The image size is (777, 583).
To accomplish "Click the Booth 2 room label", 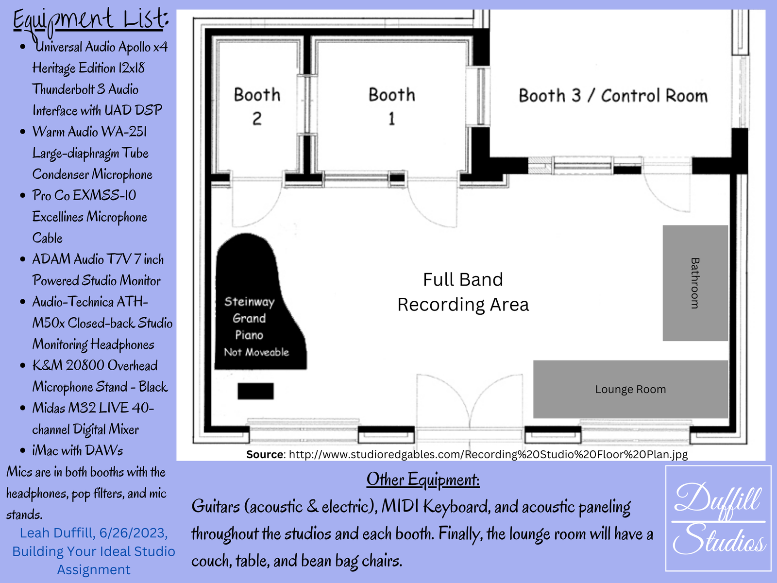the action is click(257, 106).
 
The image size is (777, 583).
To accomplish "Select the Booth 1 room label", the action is click(391, 106).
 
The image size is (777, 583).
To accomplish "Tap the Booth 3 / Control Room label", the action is click(613, 96).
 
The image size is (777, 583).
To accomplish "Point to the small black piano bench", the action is click(255, 391).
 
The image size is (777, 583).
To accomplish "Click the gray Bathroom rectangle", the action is click(695, 283).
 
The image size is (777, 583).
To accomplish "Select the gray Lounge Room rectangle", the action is click(630, 389).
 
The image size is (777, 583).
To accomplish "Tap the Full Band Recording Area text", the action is click(463, 292).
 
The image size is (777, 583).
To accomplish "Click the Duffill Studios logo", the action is click(718, 518).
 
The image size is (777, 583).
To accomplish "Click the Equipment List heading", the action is click(91, 20).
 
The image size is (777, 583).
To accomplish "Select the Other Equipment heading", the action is click(423, 480).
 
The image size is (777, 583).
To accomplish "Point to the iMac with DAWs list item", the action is click(78, 451).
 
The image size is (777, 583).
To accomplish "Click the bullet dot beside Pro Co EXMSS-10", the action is click(23, 195).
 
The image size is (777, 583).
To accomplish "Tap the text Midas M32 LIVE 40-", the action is click(93, 408).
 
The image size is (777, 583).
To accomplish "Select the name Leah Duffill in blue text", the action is click(57, 533).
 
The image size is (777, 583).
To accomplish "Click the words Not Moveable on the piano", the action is click(256, 352).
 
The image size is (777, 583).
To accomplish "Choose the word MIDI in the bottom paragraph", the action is click(400, 506).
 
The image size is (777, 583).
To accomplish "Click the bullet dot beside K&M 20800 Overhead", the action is click(23, 365).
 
